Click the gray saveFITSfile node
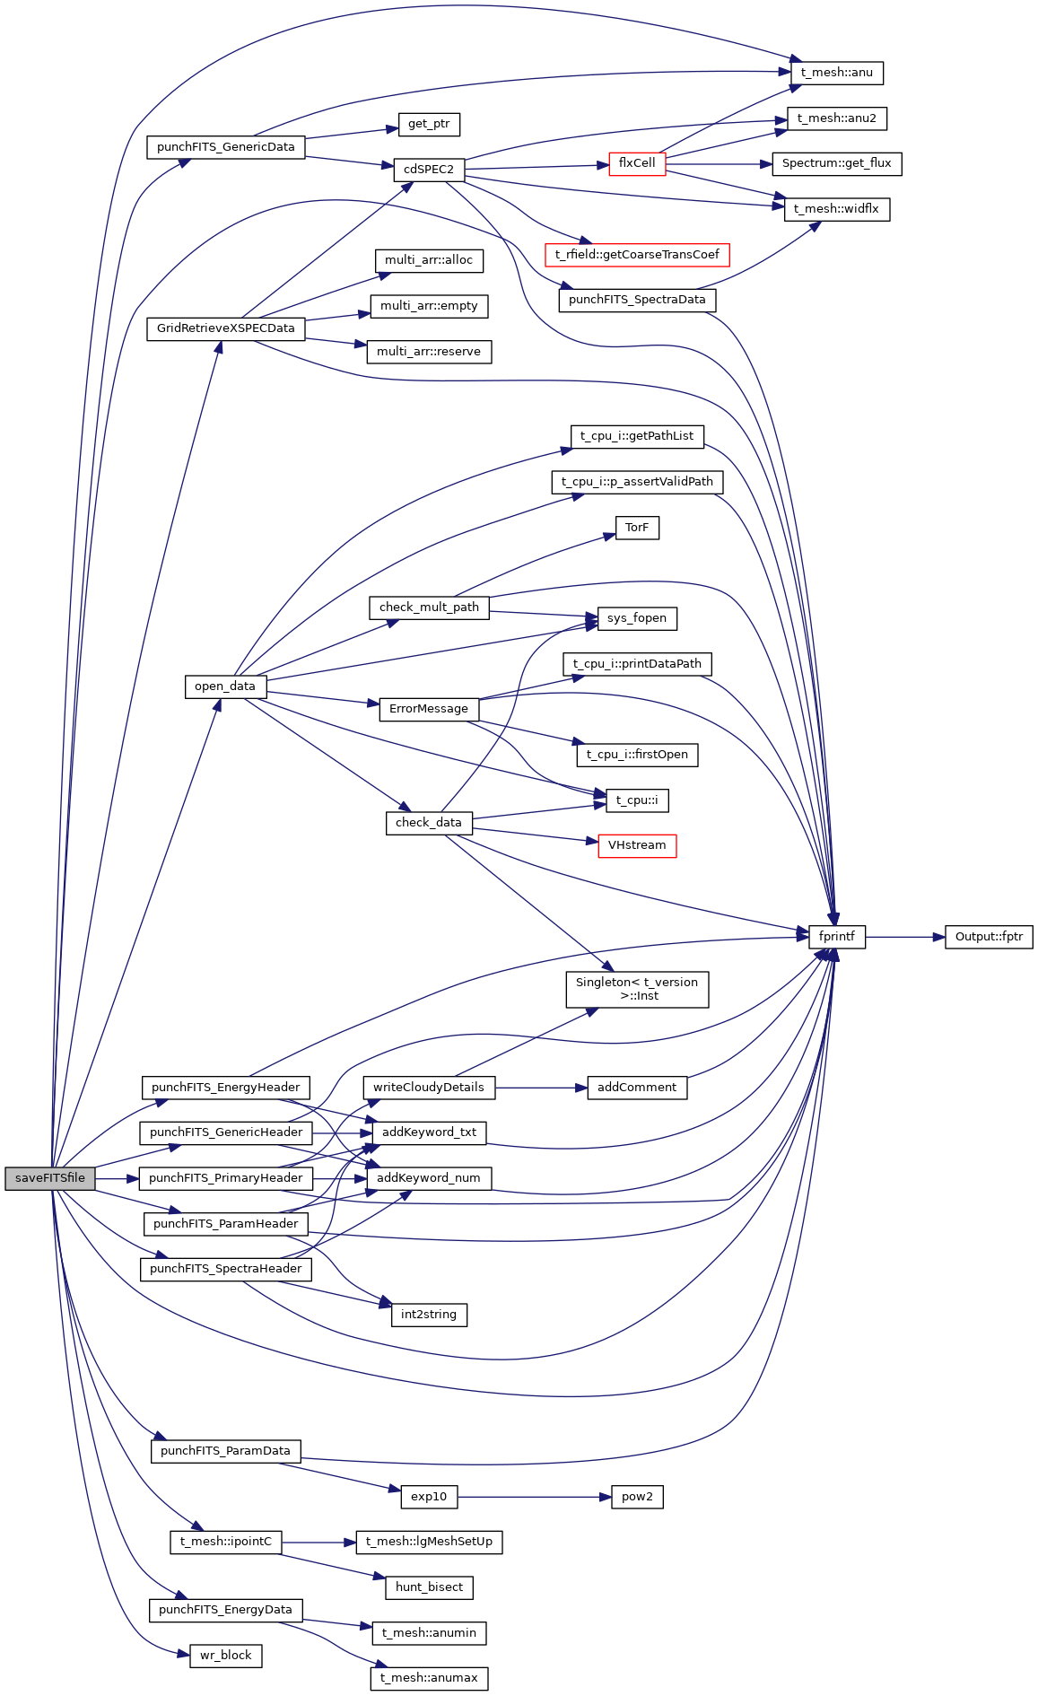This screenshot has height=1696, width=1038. [49, 1178]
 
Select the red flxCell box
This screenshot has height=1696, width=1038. [637, 163]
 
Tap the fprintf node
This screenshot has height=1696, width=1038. [836, 937]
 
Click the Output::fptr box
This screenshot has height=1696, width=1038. [989, 937]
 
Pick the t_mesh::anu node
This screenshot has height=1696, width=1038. [836, 73]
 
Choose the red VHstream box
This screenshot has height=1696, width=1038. [637, 845]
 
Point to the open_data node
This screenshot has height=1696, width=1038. [225, 686]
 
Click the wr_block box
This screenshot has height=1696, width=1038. [225, 1656]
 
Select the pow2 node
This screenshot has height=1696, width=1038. [637, 1497]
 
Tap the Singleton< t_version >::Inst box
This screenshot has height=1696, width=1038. [637, 989]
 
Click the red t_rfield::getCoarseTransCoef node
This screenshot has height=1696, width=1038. [637, 255]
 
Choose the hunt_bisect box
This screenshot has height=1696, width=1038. [429, 1587]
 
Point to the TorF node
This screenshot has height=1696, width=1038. [637, 528]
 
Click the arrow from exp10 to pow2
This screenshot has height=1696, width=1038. [534, 1497]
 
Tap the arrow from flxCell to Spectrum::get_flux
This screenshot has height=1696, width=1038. [719, 164]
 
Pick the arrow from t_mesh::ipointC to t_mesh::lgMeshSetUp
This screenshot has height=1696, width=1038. [318, 1543]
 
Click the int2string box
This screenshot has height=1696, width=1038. [429, 1315]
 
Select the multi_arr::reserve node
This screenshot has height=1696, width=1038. [429, 352]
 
